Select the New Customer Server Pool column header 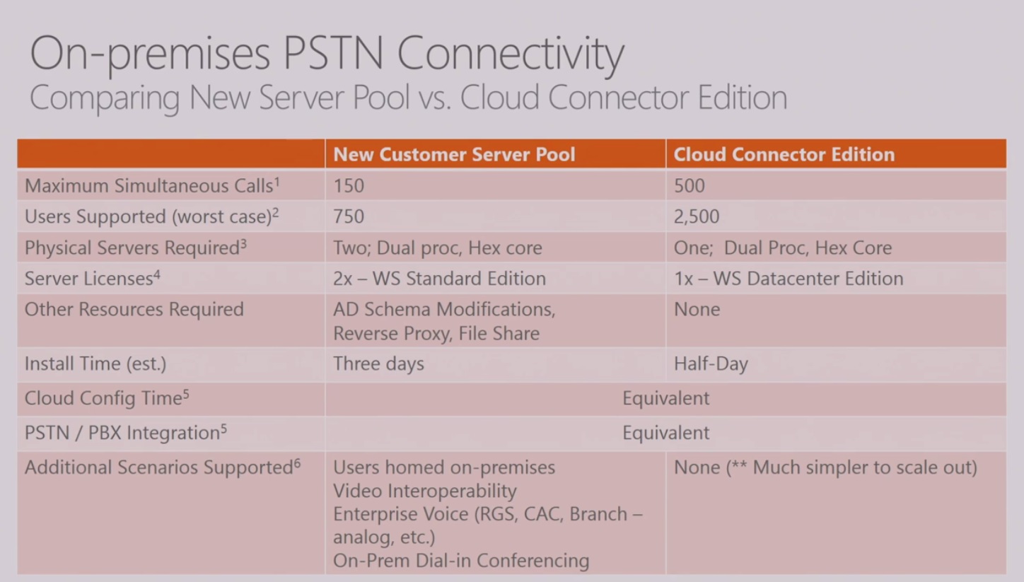point(454,154)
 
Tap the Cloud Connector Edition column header point(784,154)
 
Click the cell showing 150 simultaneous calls point(349,186)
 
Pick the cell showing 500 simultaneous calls point(689,186)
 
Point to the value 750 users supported point(349,216)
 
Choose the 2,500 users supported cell point(696,216)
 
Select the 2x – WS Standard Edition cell point(439,279)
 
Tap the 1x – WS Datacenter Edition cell point(788,279)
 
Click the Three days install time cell point(378,364)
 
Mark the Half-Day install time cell point(710,364)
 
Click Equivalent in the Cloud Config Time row point(665,398)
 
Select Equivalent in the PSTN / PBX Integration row point(665,433)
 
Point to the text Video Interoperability point(424,491)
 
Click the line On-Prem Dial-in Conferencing point(460,561)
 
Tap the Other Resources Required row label point(134,310)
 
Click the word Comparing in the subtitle point(104,98)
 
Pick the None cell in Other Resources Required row point(697,310)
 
